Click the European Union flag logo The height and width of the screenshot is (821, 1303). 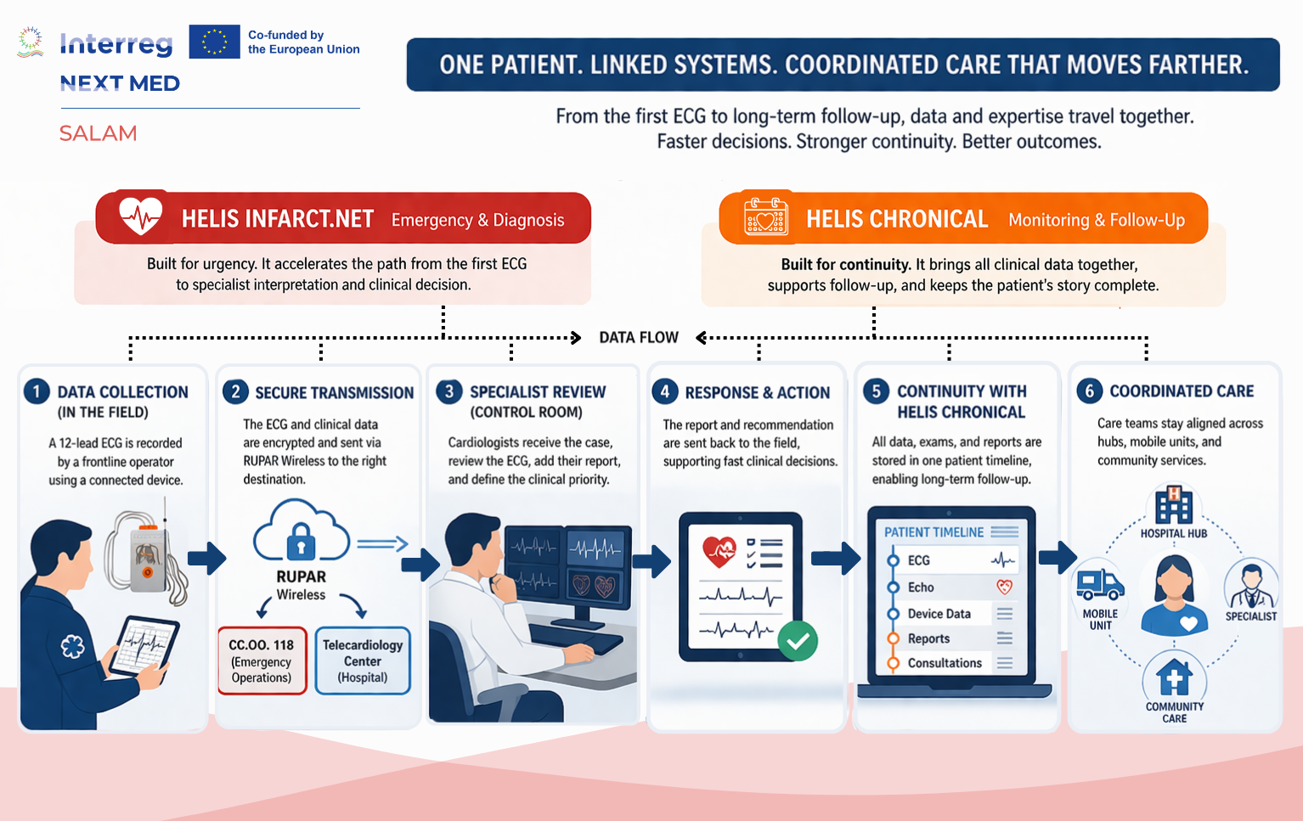point(214,42)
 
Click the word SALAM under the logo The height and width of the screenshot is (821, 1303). point(98,133)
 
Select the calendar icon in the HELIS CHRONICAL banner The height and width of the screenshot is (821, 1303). point(765,216)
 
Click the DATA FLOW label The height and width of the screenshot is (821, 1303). point(639,338)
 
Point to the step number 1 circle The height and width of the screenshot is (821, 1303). point(37,391)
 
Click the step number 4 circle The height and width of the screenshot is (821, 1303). point(665,391)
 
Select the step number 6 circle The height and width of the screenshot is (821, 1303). point(1090,391)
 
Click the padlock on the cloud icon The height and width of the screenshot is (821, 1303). point(301,541)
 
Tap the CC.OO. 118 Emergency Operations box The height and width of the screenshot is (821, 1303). point(262,661)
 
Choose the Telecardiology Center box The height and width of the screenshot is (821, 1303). point(363,661)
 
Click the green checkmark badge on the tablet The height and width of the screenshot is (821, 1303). point(798,641)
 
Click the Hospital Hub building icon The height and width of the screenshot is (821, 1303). point(1174,505)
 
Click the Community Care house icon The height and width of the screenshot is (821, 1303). point(1174,677)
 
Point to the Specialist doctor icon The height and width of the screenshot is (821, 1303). point(1250,585)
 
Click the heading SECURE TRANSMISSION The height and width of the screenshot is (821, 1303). point(334,393)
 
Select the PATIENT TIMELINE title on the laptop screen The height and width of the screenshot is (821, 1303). point(934,532)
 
